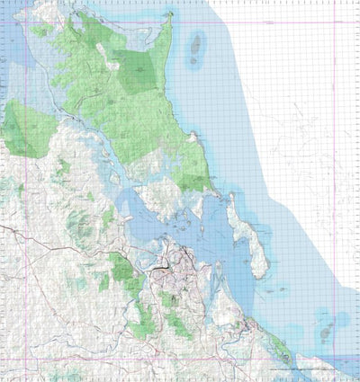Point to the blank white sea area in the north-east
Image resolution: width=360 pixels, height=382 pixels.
point(297,90)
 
